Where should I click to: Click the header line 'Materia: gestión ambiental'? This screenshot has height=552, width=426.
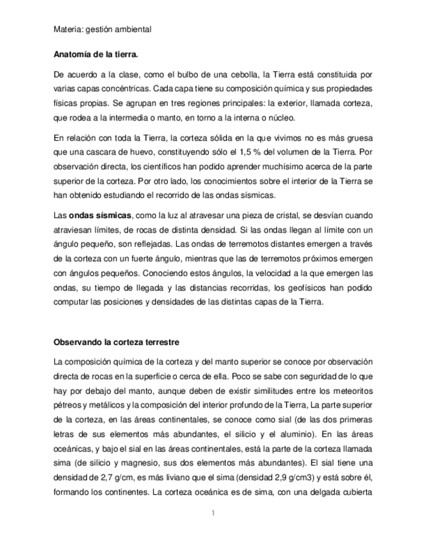pyautogui.click(x=103, y=29)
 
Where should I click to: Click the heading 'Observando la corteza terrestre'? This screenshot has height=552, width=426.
pyautogui.click(x=117, y=342)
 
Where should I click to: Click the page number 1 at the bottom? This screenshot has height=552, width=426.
pyautogui.click(x=213, y=514)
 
